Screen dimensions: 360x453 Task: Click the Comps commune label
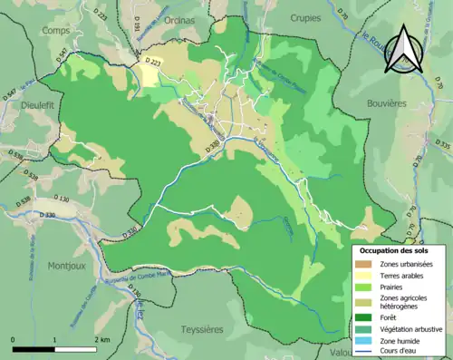[x=55, y=30]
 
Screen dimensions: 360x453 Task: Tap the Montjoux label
[x=66, y=266]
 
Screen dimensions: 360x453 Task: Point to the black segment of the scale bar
[x=34, y=349]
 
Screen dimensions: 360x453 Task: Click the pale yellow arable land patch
[x=147, y=75]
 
